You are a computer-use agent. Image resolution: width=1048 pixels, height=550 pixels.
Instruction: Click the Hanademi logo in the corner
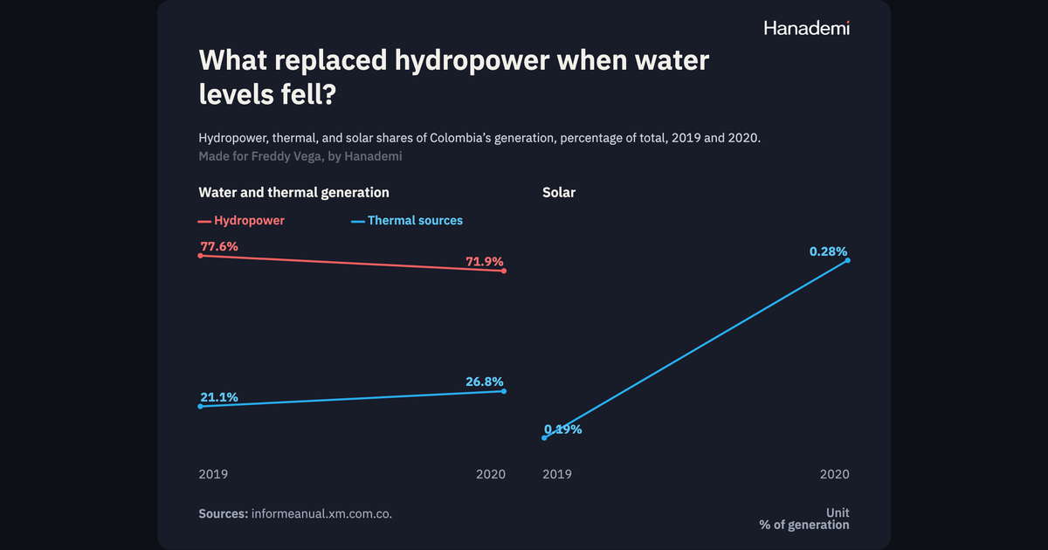click(x=807, y=28)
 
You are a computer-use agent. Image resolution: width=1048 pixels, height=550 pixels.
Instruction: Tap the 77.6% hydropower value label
click(x=219, y=246)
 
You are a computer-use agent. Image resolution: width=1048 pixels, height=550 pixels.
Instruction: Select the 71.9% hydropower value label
click(x=484, y=261)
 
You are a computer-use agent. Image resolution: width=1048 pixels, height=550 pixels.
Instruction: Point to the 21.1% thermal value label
click(x=219, y=397)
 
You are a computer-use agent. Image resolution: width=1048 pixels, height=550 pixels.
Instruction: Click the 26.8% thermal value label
click(x=484, y=382)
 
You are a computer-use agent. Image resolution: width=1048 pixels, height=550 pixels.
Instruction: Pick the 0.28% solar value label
click(x=828, y=251)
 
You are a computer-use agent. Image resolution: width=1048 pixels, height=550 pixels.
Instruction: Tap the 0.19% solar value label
click(x=562, y=430)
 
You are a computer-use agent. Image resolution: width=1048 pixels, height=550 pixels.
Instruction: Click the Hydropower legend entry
click(x=241, y=220)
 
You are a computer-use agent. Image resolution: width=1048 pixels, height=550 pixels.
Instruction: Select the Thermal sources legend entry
click(x=407, y=220)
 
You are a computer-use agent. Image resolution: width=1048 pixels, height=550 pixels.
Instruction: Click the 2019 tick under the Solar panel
click(x=557, y=474)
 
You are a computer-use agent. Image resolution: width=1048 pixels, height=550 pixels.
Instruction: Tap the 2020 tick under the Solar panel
click(x=835, y=474)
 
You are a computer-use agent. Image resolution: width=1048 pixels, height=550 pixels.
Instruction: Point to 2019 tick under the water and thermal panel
click(x=213, y=474)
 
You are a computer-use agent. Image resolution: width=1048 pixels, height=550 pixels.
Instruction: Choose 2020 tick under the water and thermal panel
click(x=491, y=474)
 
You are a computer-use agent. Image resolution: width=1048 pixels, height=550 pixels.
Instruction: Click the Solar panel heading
click(x=559, y=192)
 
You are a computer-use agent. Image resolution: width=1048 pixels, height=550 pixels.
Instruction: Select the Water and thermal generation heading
click(x=293, y=192)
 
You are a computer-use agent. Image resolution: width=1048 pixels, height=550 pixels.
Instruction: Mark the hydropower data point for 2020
click(x=504, y=271)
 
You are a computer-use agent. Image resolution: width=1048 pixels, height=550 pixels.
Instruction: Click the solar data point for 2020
click(x=848, y=260)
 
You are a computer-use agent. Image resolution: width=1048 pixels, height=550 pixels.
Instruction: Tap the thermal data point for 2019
click(x=200, y=407)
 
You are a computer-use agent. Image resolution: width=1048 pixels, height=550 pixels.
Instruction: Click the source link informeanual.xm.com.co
click(x=321, y=513)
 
